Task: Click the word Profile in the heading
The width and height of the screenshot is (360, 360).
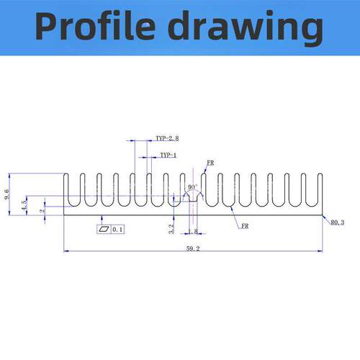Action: click(95, 26)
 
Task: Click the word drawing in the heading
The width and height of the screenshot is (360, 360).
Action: click(246, 28)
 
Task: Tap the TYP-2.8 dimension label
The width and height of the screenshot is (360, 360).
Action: click(167, 138)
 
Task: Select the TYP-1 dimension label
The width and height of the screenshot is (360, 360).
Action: click(168, 156)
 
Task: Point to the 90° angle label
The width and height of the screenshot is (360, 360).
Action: click(193, 187)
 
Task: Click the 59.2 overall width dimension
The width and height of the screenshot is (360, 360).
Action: click(193, 248)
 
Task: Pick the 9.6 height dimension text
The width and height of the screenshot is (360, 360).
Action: click(7, 194)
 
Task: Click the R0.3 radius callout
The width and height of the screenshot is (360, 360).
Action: click(338, 222)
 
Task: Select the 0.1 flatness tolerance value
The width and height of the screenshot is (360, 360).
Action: click(117, 230)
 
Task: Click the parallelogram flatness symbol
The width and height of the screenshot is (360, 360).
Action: click(104, 229)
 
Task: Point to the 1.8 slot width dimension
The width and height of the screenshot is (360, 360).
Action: click(193, 231)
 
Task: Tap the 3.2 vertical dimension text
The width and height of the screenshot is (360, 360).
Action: click(171, 229)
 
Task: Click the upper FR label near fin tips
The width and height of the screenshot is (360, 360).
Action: click(210, 163)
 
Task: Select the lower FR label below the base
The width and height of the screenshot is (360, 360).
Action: click(245, 226)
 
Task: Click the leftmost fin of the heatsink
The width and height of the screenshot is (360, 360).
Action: click(66, 189)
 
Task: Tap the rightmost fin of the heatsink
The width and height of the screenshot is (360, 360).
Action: click(320, 189)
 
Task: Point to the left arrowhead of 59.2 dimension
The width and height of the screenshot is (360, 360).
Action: click(66, 251)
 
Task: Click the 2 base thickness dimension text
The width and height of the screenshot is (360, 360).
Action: click(42, 211)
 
